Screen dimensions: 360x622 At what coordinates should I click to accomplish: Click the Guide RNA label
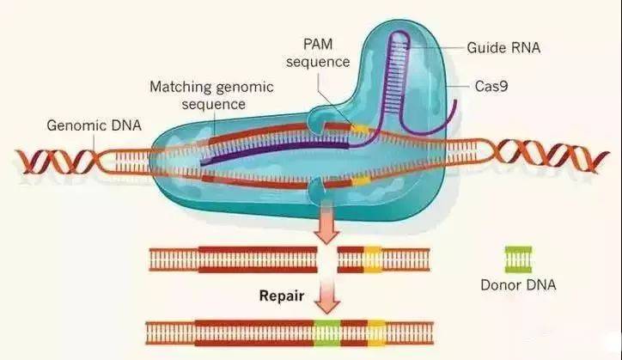click(503, 47)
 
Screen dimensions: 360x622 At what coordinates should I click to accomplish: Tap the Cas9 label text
click(494, 87)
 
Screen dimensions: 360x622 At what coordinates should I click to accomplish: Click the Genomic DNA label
click(90, 125)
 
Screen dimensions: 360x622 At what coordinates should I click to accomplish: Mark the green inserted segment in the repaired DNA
click(326, 332)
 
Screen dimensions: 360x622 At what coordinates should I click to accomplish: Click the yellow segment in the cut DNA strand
click(372, 258)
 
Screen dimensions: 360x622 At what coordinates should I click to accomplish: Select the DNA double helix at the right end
click(537, 158)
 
